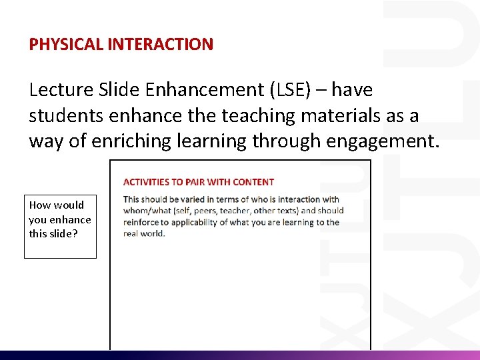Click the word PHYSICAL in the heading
57,45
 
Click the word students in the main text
65,116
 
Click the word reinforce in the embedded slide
141,223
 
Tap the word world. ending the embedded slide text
153,234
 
